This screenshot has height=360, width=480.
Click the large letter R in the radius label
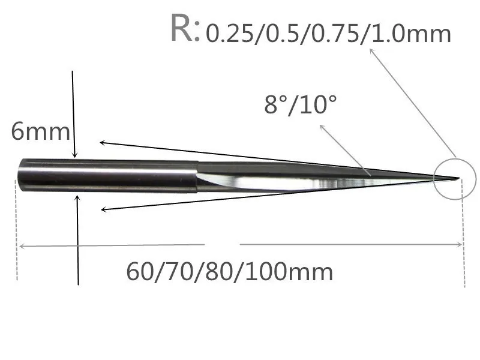[182, 28]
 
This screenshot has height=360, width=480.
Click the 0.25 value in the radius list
[230, 34]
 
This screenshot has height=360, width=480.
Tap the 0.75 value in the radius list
[335, 34]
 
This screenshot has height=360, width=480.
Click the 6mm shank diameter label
[40, 131]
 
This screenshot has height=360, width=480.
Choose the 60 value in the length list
[140, 272]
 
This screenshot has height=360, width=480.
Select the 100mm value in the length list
[289, 272]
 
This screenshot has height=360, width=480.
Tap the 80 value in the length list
[219, 272]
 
